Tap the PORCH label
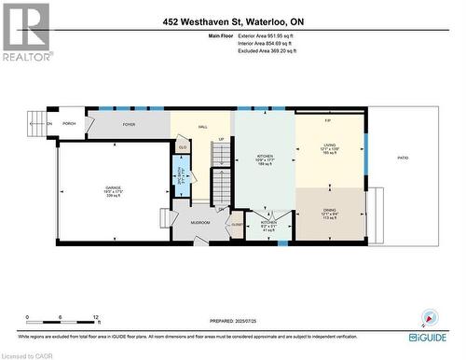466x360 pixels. click(69, 123)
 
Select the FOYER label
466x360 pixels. click(129, 123)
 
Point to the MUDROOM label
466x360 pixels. click(200, 223)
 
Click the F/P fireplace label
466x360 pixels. click(328, 121)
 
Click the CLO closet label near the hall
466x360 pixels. click(183, 146)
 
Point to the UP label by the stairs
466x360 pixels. click(221, 140)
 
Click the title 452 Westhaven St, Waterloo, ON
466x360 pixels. click(233, 21)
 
